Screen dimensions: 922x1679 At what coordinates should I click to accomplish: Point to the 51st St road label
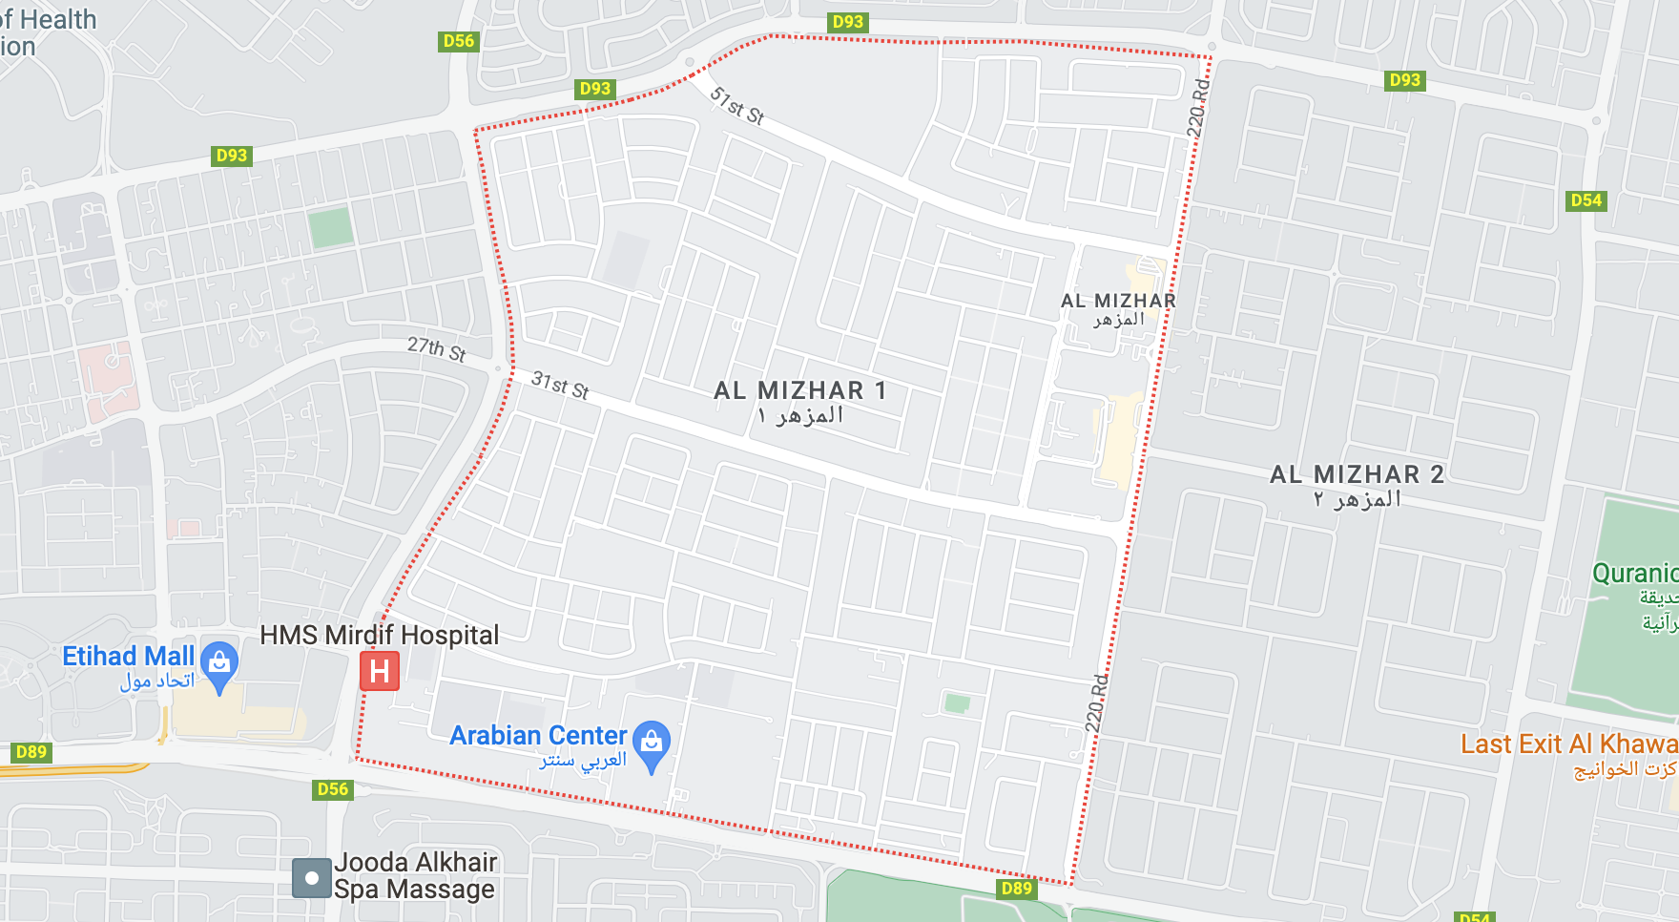pos(736,106)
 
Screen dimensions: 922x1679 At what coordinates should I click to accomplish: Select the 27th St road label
pos(436,349)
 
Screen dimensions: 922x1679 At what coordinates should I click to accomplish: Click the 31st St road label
pos(560,385)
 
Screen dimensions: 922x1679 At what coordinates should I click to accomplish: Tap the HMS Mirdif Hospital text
pos(379,635)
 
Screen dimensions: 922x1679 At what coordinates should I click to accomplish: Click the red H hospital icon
pos(379,671)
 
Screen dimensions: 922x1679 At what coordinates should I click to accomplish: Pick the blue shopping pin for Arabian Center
pos(652,744)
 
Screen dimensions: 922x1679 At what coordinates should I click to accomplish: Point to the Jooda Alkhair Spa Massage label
pos(415,875)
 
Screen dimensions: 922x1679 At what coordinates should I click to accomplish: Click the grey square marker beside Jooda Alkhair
pos(311,878)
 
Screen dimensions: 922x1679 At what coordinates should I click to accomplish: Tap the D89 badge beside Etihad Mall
pos(31,752)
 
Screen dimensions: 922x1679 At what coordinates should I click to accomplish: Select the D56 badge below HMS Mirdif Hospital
pos(333,789)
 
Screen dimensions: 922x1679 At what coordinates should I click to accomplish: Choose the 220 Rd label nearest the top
pos(1198,107)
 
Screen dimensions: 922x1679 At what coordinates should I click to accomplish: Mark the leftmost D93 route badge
pos(231,156)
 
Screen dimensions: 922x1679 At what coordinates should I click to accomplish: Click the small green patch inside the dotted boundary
pos(957,704)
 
